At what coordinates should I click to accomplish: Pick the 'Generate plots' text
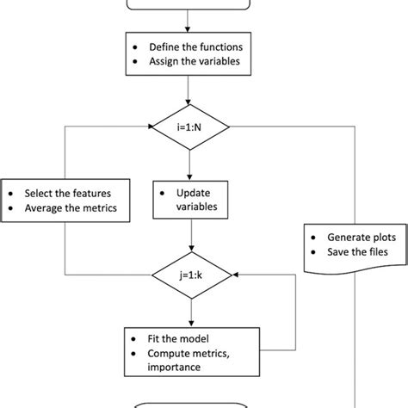point(358,236)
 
